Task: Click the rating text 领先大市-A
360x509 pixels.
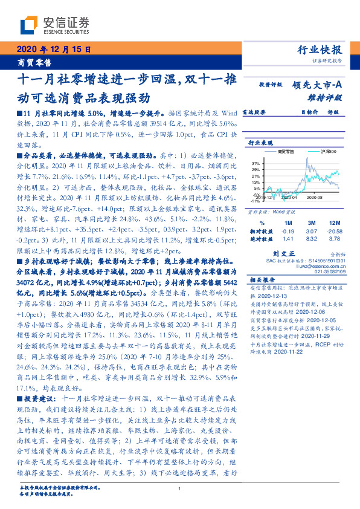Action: click(x=318, y=86)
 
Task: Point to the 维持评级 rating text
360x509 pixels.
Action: click(x=330, y=97)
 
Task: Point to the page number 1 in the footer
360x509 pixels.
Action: click(x=180, y=488)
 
